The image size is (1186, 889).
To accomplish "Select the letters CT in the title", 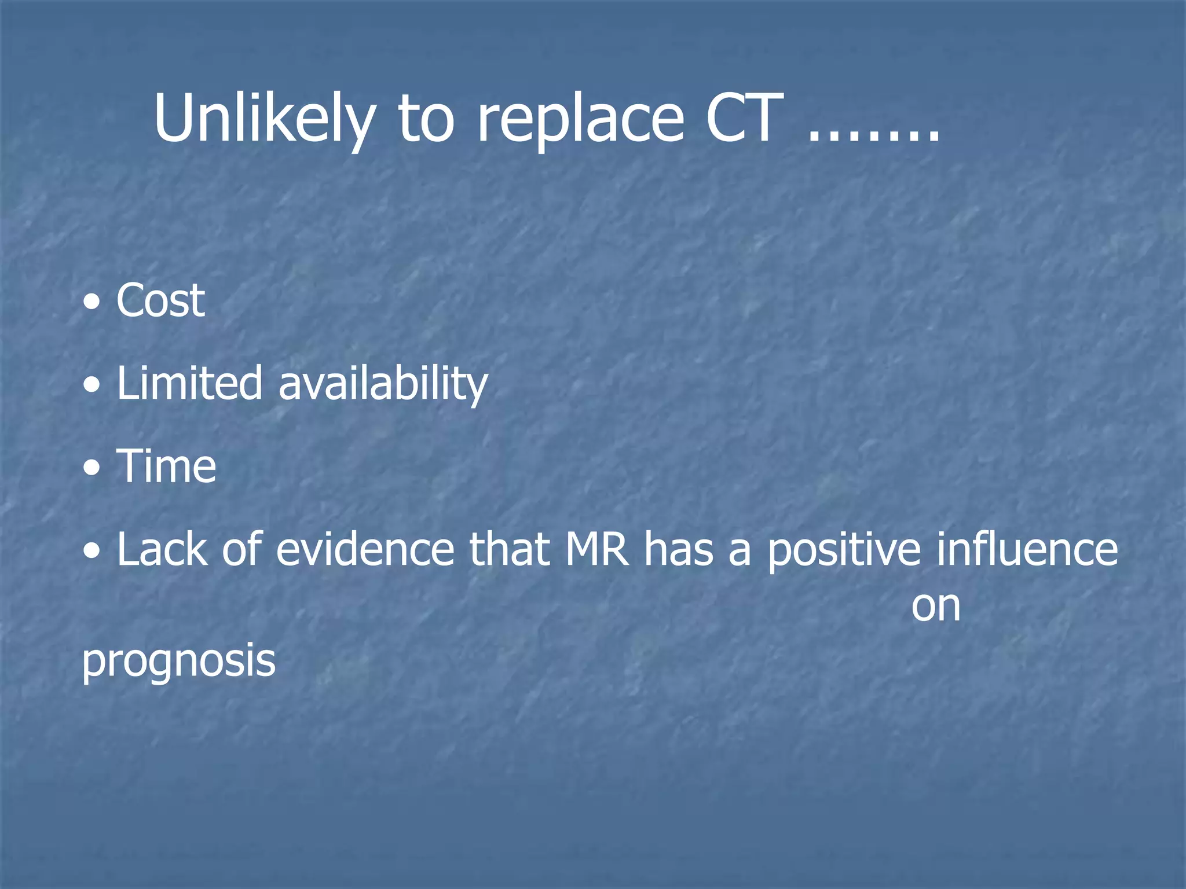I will coord(744,119).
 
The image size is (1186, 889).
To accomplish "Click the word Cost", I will coord(160,300).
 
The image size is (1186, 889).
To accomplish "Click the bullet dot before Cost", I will coord(91,302).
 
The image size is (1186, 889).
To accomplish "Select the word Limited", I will coord(189,383).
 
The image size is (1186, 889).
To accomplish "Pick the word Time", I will coord(167,466).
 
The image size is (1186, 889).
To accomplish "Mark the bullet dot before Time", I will coord(91,467).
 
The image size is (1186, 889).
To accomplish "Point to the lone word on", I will coord(936,607).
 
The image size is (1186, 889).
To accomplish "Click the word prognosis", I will coord(178,662).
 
